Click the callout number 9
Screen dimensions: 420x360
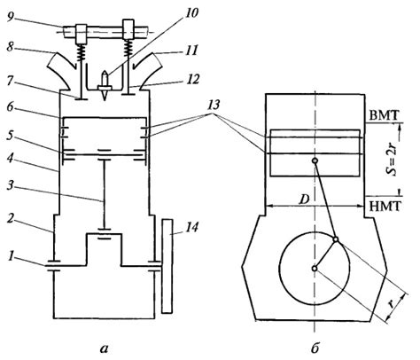tap(11, 17)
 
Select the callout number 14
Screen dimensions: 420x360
tap(192, 227)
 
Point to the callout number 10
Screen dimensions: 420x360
tap(191, 13)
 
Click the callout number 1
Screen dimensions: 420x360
tap(11, 256)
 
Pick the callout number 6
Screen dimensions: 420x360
tap(11, 107)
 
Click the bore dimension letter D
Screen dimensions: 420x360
tap(303, 200)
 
